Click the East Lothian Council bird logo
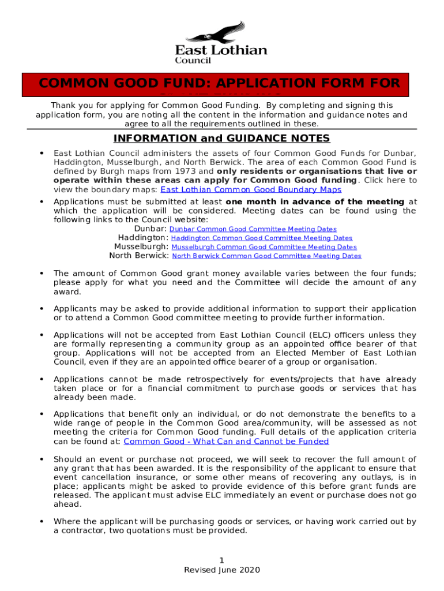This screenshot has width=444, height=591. coord(221,32)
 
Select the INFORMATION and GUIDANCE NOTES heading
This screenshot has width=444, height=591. coord(221,139)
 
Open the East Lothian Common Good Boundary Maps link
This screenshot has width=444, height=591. coord(250,189)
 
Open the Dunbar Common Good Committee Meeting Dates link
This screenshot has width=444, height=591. coord(253,229)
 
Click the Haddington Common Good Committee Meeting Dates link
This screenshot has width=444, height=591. coord(262,238)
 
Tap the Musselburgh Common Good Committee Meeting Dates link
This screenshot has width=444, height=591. coord(264,247)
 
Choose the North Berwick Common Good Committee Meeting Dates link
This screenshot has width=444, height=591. coord(266,256)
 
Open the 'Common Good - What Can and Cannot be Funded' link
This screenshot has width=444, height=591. coord(226,442)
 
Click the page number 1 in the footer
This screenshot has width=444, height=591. coord(222,561)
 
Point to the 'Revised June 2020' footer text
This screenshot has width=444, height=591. coord(222,570)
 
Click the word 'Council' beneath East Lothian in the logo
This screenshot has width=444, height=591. coord(193,61)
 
